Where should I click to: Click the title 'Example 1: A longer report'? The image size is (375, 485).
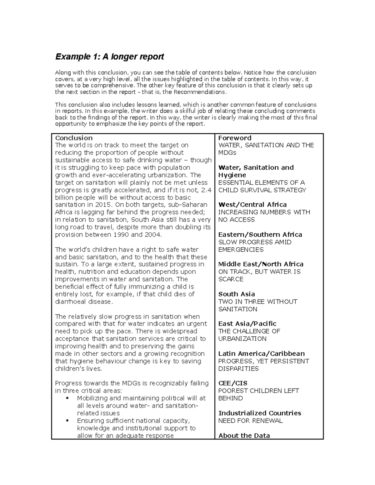click(x=109, y=57)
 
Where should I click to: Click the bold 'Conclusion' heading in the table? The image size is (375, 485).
click(x=74, y=138)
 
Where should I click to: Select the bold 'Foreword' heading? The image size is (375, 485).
click(x=235, y=138)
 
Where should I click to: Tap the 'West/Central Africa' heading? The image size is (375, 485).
click(x=252, y=205)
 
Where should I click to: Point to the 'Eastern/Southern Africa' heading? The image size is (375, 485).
click(x=260, y=235)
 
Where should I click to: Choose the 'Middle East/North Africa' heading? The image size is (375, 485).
click(x=261, y=264)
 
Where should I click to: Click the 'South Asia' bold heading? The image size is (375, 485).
click(x=237, y=294)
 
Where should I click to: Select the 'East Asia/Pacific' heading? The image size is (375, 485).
click(x=247, y=324)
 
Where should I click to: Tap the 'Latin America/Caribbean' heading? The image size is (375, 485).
click(x=261, y=354)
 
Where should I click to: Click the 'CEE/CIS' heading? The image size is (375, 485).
click(x=233, y=383)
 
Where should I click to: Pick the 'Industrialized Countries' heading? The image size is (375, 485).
click(x=259, y=413)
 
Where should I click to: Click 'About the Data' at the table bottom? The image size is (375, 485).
click(x=244, y=436)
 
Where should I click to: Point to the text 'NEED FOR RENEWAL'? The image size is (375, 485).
click(x=250, y=421)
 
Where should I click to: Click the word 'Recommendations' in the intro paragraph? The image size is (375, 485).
click(x=199, y=92)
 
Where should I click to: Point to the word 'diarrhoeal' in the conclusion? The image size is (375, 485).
click(x=70, y=302)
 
